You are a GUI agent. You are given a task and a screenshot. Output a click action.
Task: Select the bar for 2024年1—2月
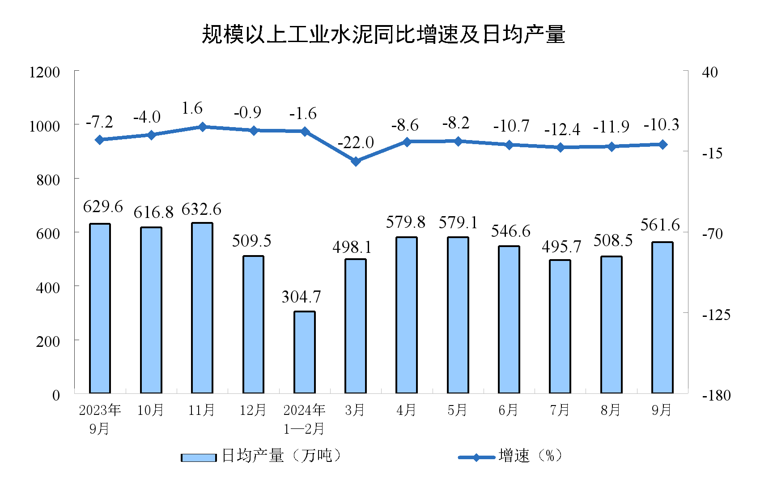tap(304, 352)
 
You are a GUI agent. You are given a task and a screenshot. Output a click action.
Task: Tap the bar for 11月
tap(202, 308)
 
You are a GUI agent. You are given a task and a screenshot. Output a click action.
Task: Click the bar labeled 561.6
tap(662, 318)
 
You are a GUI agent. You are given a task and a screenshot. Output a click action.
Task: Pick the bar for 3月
tap(356, 326)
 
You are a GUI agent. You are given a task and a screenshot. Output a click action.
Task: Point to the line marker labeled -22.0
tap(356, 161)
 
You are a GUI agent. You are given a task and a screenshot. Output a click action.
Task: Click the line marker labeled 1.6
tap(202, 127)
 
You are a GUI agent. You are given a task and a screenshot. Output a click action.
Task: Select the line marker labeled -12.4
tap(560, 147)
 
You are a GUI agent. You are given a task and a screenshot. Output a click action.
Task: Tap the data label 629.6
tap(103, 207)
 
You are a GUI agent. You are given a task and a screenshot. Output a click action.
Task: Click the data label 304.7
tap(302, 297)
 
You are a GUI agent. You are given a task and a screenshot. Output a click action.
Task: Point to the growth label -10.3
tap(661, 124)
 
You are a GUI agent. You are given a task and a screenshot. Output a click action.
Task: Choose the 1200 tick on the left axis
tap(44, 72)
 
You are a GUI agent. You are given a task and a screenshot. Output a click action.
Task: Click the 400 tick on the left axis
tap(48, 287)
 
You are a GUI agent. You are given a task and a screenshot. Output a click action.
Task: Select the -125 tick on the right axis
tap(716, 315)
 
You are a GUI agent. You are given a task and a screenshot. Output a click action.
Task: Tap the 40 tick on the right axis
tap(710, 72)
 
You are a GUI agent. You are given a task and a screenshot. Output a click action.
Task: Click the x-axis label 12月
tap(253, 410)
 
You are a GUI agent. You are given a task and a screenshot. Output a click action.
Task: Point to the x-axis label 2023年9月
tap(100, 419)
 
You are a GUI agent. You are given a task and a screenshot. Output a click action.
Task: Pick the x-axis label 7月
tap(560, 410)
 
